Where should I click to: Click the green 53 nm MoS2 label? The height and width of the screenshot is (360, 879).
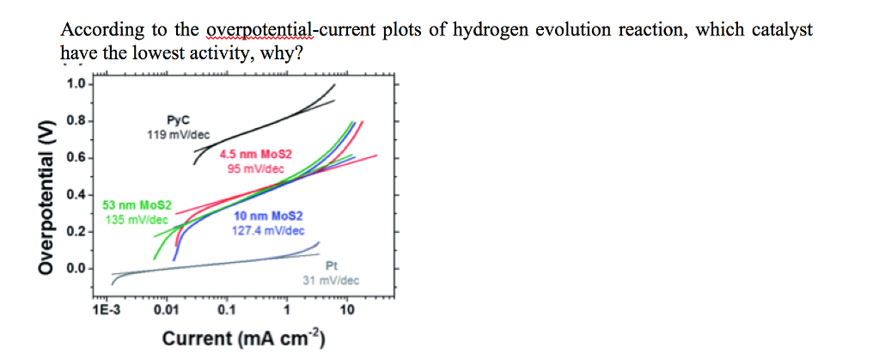(137, 206)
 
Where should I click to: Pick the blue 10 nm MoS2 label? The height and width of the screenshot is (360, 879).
(268, 217)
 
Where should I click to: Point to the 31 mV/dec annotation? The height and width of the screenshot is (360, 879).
(331, 281)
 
